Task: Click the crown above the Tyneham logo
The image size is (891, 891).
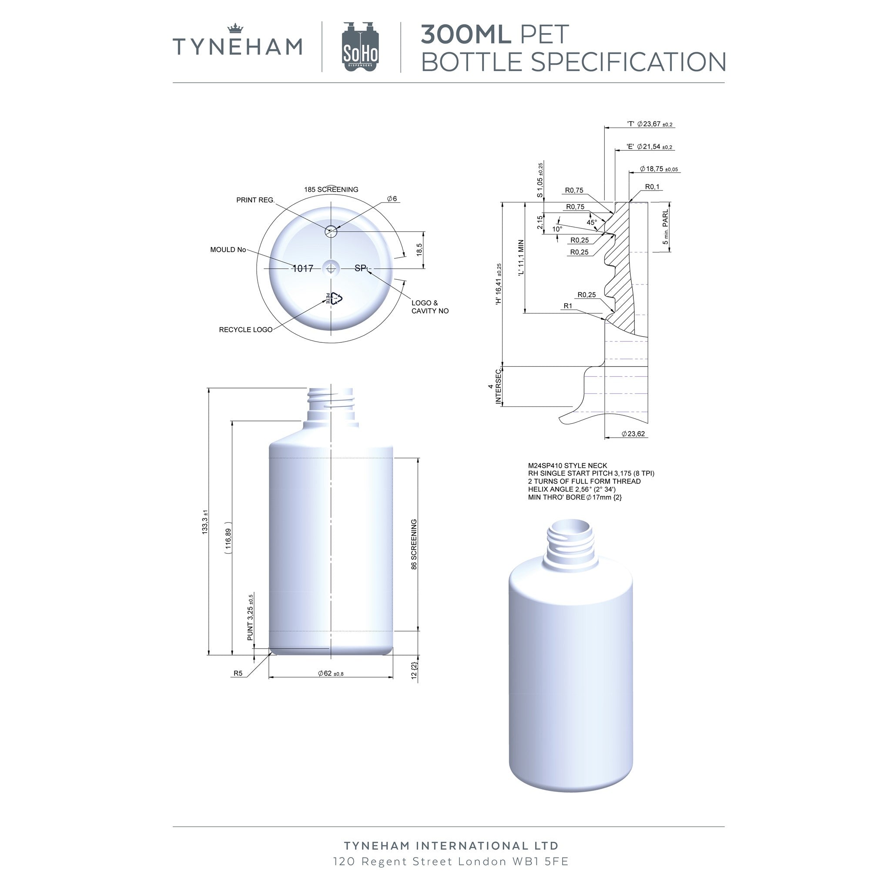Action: (235, 29)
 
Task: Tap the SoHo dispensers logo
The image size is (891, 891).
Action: (360, 47)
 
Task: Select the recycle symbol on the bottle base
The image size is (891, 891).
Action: (336, 299)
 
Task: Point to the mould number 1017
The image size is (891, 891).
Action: (303, 268)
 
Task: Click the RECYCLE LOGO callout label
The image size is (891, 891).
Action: (246, 330)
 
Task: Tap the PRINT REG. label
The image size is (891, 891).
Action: (255, 200)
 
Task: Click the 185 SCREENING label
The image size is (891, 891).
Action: (331, 190)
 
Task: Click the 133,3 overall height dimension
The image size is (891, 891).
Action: (205, 522)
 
